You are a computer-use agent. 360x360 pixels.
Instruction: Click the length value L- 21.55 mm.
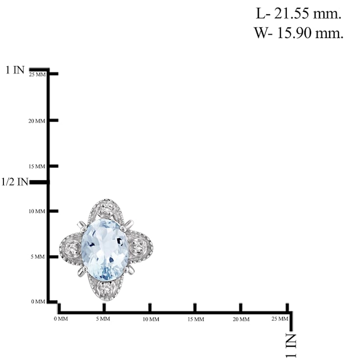(298, 14)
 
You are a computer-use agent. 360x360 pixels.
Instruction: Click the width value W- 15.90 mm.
(298, 33)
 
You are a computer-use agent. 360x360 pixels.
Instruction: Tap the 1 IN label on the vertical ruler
(15, 70)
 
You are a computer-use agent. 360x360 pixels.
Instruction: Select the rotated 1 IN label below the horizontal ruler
(291, 345)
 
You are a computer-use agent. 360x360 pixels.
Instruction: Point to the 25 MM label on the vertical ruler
(37, 75)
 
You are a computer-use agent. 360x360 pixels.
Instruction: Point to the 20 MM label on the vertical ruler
(37, 121)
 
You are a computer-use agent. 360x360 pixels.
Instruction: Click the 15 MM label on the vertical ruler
(37, 167)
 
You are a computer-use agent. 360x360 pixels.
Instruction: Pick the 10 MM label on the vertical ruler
(37, 212)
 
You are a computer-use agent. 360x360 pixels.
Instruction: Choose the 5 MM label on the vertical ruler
(39, 257)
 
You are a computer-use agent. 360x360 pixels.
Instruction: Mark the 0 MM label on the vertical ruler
(39, 302)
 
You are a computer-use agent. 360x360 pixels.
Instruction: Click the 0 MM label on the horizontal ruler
(61, 319)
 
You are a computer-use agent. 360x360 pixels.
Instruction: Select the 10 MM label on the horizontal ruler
(150, 319)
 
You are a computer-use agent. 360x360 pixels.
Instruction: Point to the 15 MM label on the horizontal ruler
(196, 319)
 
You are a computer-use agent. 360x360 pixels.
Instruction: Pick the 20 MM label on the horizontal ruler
(241, 319)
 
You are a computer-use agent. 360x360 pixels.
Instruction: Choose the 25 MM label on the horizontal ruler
(280, 319)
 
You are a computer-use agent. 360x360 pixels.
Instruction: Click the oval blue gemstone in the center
(105, 249)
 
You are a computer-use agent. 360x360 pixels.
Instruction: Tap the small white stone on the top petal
(106, 210)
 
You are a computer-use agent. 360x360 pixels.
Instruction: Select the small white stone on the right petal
(138, 248)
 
